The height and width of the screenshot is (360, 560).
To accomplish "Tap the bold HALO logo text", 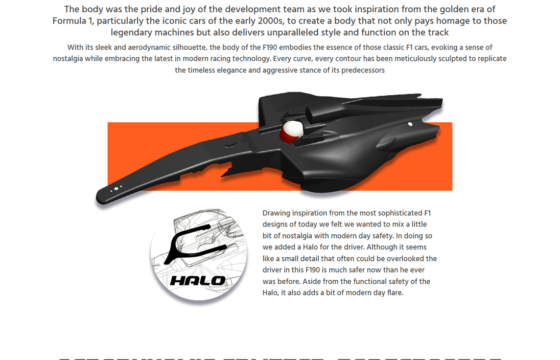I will pyautogui.click(x=198, y=280).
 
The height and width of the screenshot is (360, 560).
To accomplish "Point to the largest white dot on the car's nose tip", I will pyautogui.click(x=116, y=189).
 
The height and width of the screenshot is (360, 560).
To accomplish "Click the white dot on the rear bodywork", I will pyautogui.click(x=410, y=124).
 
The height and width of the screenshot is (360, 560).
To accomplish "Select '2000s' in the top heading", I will pyautogui.click(x=266, y=21).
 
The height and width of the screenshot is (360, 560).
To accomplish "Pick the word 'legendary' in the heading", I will pyautogui.click(x=131, y=32).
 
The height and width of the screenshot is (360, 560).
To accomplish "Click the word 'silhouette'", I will pyautogui.click(x=183, y=48).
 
